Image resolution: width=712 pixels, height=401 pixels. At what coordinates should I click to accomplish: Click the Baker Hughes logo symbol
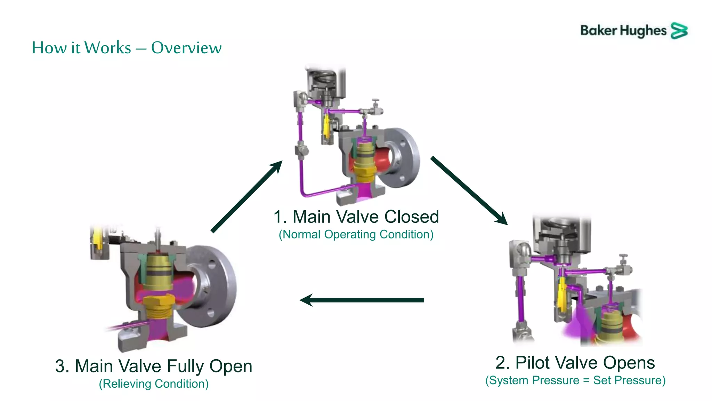click(x=679, y=31)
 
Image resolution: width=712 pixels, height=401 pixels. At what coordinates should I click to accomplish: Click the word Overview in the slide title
click(x=186, y=48)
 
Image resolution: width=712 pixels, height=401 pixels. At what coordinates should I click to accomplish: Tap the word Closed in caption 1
click(x=412, y=217)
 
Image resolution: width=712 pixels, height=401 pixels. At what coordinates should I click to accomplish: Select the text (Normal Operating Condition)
click(x=356, y=234)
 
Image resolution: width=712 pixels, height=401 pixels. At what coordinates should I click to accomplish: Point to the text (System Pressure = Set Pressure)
click(x=575, y=380)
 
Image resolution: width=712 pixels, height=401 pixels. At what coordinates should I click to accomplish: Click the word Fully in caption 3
click(x=184, y=366)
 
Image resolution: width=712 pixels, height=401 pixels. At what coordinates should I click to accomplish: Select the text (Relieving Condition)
click(x=154, y=384)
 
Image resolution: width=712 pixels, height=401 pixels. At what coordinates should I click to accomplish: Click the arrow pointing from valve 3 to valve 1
click(x=247, y=197)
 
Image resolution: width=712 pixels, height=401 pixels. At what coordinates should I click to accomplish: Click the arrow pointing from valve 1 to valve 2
click(x=469, y=190)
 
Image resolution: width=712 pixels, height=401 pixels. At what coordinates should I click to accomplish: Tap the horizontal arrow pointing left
click(x=362, y=300)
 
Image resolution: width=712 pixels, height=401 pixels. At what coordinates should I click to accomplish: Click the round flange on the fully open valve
click(x=212, y=285)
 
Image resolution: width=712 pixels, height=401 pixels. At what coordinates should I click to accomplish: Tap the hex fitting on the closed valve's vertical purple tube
click(x=301, y=150)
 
